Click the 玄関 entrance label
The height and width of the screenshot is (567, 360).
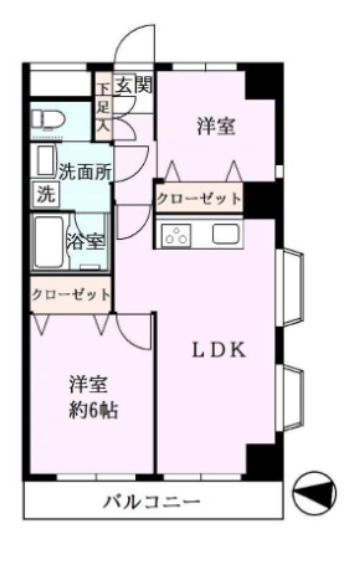pyautogui.click(x=132, y=86)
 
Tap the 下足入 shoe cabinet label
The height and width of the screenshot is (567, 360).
pyautogui.click(x=103, y=109)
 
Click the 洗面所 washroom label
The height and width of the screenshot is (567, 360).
pyautogui.click(x=83, y=171)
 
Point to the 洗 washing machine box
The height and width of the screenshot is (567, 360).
pyautogui.click(x=45, y=194)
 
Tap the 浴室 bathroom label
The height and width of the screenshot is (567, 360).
pyautogui.click(x=85, y=241)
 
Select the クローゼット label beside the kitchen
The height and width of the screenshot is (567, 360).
pyautogui.click(x=199, y=199)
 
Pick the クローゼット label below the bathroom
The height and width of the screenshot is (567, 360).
pyautogui.click(x=70, y=295)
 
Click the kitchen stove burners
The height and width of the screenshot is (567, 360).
pyautogui.click(x=177, y=236)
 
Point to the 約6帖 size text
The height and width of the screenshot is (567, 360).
pyautogui.click(x=88, y=410)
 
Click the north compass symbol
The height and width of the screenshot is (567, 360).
pyautogui.click(x=314, y=492)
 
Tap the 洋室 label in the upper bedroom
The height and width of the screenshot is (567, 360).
pyautogui.click(x=217, y=126)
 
